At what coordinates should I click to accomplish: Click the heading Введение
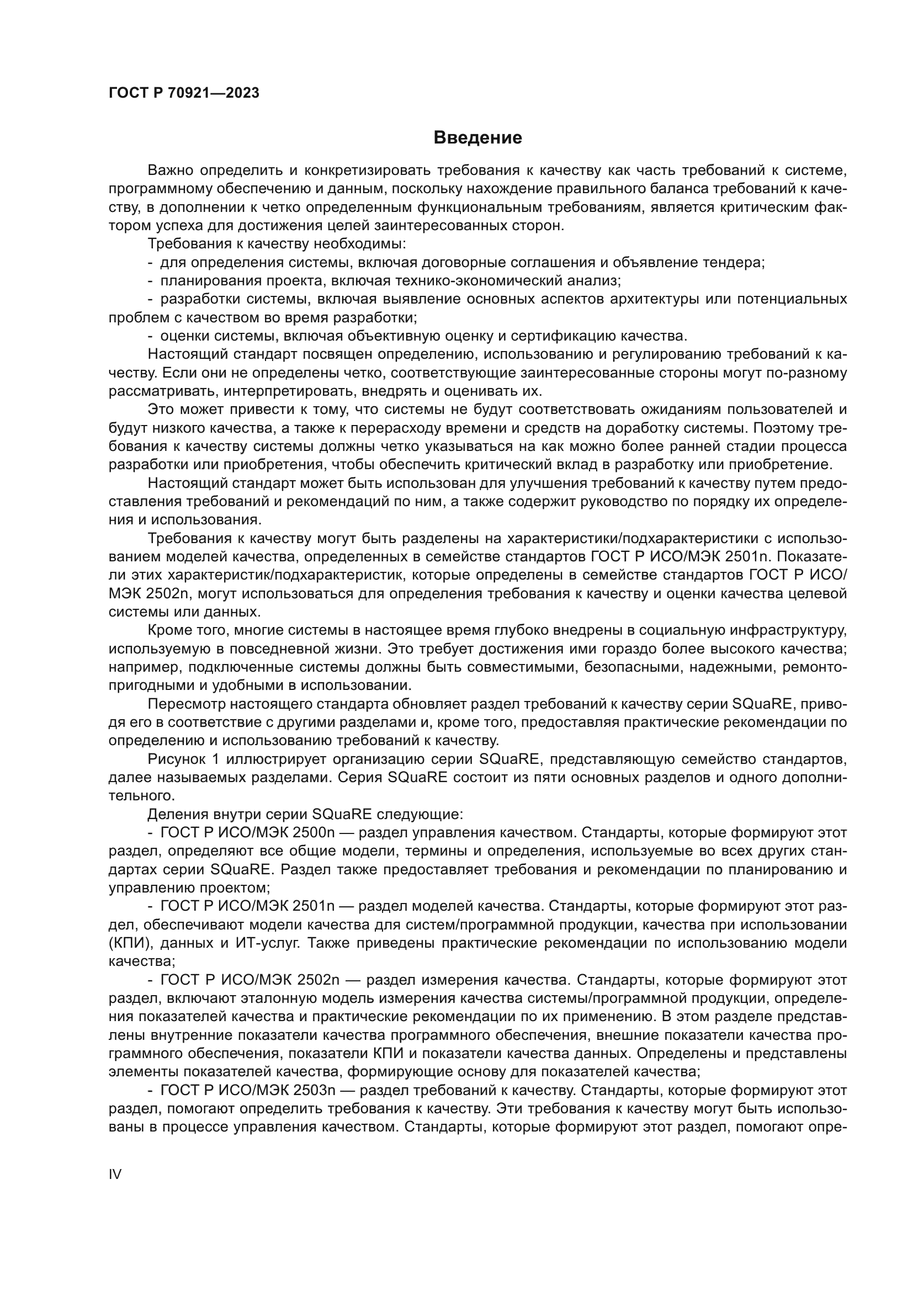[477, 138]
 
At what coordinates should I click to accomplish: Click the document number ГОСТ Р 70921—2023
[184, 93]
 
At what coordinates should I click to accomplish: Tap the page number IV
[115, 1174]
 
